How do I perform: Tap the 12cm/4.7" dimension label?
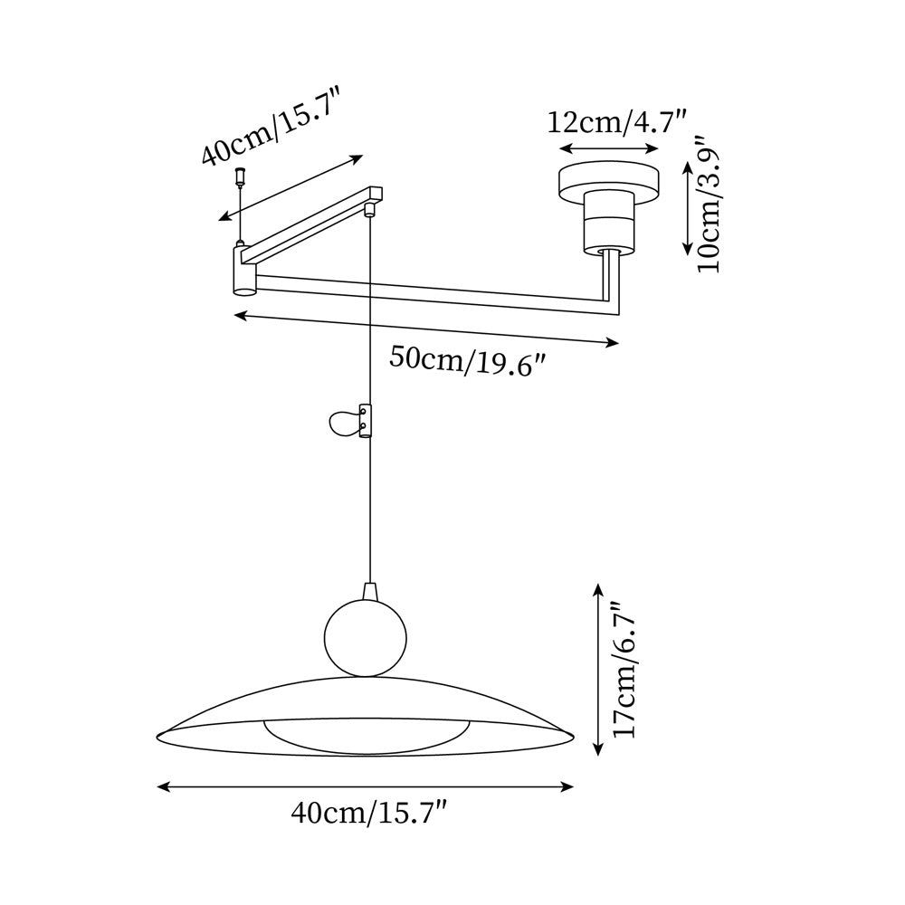pyautogui.click(x=618, y=121)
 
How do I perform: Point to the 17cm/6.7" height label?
pyautogui.click(x=624, y=670)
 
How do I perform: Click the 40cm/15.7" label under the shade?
pyautogui.click(x=370, y=814)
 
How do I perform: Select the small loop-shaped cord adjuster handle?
pyautogui.click(x=345, y=421)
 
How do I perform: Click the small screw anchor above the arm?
pyautogui.click(x=241, y=174)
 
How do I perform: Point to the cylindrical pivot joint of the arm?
pyautogui.click(x=245, y=271)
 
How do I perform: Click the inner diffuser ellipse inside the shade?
pyautogui.click(x=367, y=733)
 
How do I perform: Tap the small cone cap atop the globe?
pyautogui.click(x=369, y=591)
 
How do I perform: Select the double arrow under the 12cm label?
pyautogui.click(x=610, y=148)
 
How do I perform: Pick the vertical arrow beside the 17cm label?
pyautogui.click(x=596, y=670)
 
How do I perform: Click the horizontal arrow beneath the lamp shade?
pyautogui.click(x=366, y=787)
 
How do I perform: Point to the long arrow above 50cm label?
pyautogui.click(x=425, y=329)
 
